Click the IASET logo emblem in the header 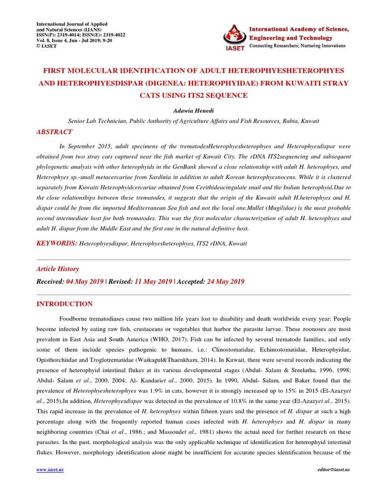(235, 35)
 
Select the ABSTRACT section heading (54, 132)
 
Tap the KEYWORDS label (57, 243)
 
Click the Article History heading (58, 269)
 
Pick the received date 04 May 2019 (84, 281)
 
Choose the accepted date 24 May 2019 (225, 281)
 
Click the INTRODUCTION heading (64, 304)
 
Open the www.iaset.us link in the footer (50, 470)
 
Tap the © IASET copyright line (47, 46)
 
